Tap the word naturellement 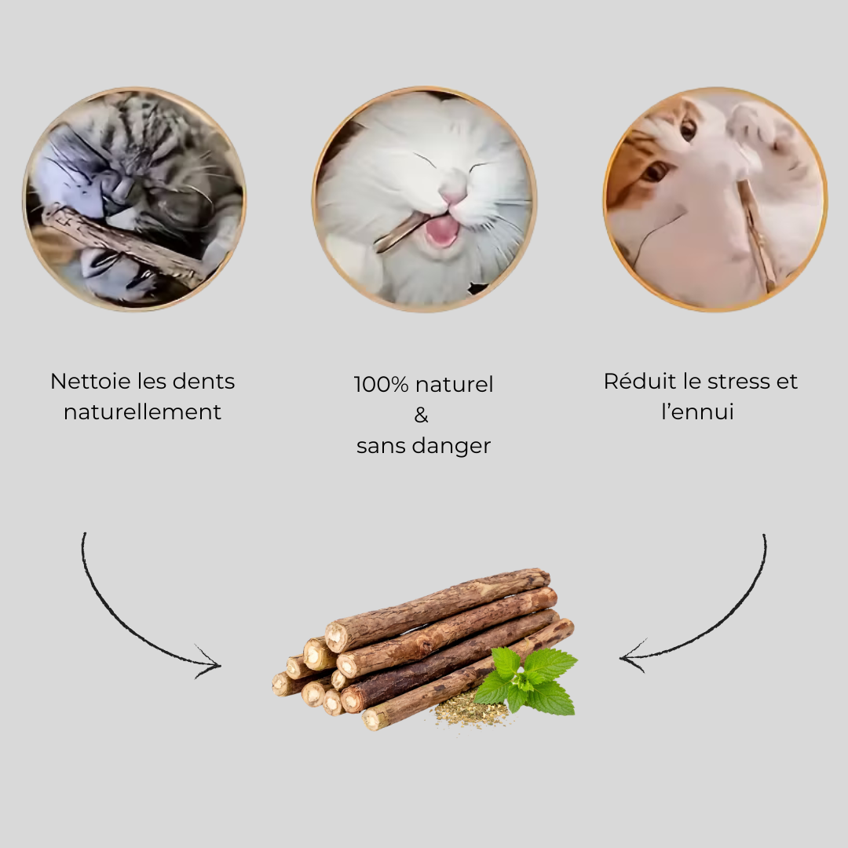coord(142,412)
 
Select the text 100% coord(381,385)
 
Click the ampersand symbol coord(422,415)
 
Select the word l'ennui coord(697,412)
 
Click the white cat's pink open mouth coord(442,230)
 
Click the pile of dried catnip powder coord(472,711)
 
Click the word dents coord(204,382)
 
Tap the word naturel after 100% coord(455,385)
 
